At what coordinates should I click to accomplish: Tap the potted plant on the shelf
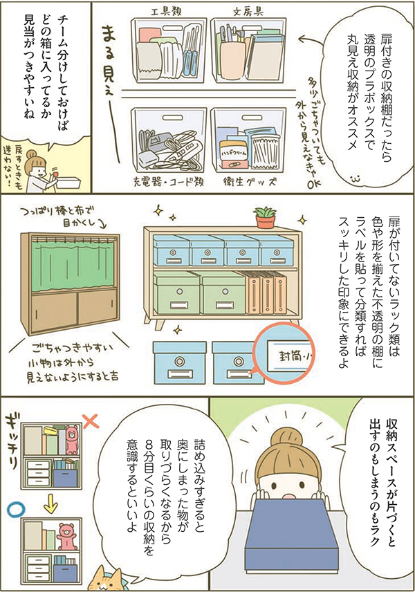(264, 218)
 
